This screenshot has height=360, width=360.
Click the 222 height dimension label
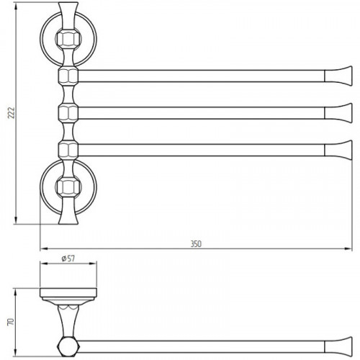point(12,113)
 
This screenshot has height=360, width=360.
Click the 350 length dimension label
point(196,244)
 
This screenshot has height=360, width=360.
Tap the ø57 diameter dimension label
point(68,258)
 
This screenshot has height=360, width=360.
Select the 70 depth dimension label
point(12,322)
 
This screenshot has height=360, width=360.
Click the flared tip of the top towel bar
point(338,76)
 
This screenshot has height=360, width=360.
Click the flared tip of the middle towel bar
point(338,113)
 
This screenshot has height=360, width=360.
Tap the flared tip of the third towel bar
point(338,150)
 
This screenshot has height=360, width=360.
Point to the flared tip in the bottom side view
point(338,347)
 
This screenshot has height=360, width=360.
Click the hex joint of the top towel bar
point(68,76)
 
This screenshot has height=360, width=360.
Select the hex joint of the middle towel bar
point(68,113)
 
